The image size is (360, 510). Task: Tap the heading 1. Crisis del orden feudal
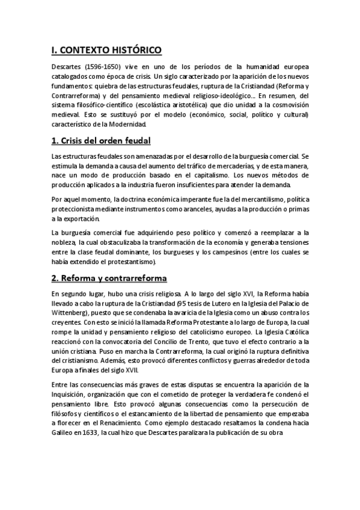coord(100,141)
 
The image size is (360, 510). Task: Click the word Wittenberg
coord(72,313)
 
